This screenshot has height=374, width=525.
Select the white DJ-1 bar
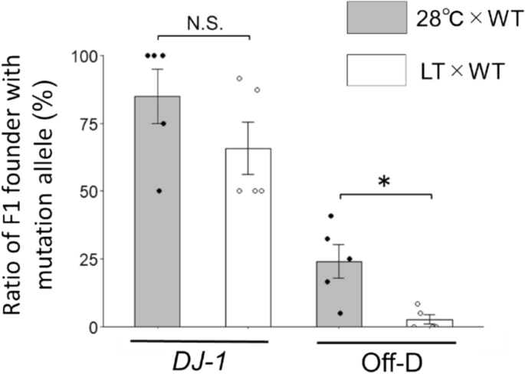click(x=248, y=245)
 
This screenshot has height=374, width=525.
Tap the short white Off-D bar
click(x=430, y=323)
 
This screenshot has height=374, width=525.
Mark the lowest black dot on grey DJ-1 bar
click(x=159, y=190)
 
